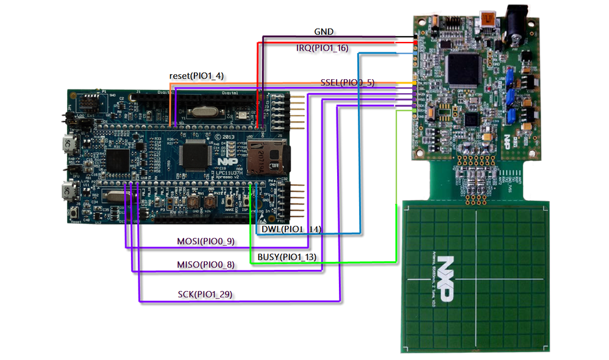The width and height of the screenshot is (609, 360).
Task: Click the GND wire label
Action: coord(324,32)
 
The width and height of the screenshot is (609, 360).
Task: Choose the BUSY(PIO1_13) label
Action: coord(287,257)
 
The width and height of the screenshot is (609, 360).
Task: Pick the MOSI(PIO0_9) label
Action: coord(205,242)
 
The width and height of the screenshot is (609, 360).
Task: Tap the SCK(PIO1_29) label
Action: coord(205,295)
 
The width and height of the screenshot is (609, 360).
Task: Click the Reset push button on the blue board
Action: coord(74,214)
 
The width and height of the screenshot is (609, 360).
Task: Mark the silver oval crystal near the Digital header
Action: coord(202,111)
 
